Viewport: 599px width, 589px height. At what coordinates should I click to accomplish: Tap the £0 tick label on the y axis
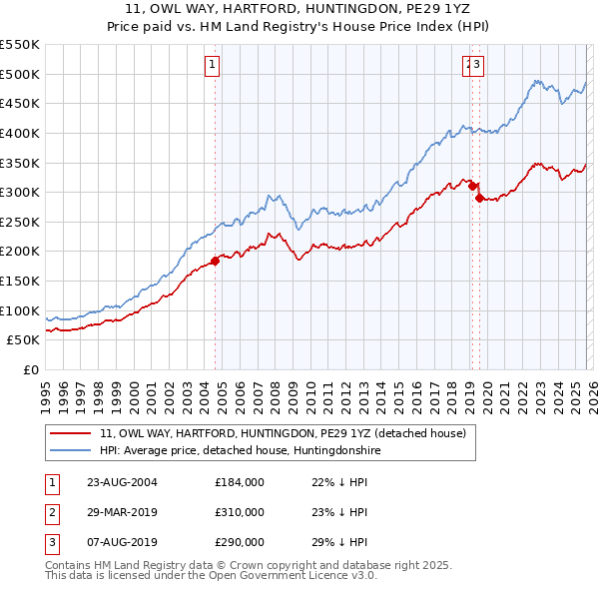30,369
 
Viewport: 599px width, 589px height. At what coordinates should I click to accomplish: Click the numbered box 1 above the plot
214,66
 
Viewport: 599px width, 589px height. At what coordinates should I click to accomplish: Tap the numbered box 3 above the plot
477,66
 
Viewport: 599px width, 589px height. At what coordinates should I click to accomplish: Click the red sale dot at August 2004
216,261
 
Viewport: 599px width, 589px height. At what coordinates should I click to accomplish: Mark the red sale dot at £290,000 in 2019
479,198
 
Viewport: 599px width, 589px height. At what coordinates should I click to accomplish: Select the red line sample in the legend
72,434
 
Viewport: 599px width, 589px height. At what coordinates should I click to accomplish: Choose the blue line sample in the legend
72,451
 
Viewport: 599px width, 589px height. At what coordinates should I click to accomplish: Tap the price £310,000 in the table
240,512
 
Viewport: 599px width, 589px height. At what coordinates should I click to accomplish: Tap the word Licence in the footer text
314,576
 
